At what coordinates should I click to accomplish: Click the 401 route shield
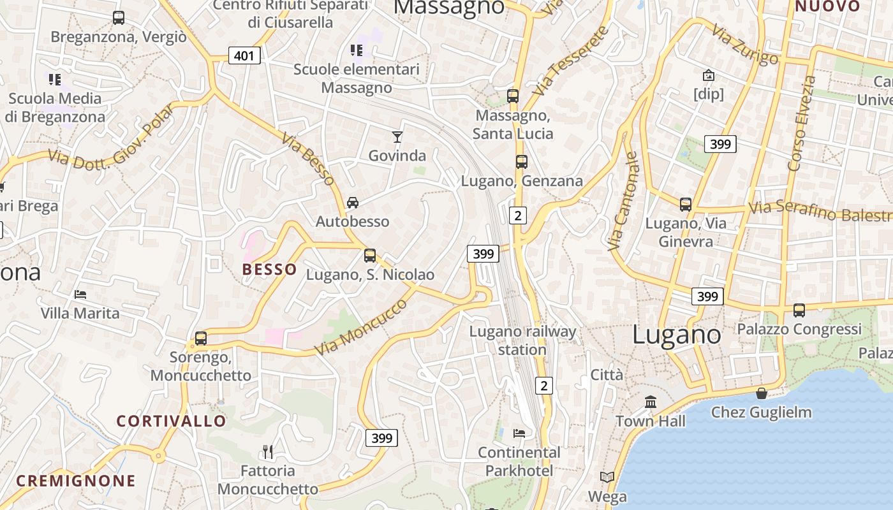[244, 56]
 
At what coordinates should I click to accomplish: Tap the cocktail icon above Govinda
[397, 136]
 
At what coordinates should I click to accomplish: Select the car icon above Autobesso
[352, 203]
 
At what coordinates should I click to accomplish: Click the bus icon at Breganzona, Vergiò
[118, 18]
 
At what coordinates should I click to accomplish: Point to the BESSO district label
[270, 269]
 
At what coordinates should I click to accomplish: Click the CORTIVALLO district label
[171, 421]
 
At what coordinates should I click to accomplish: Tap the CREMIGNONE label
[76, 481]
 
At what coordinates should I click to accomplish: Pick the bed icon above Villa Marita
[80, 295]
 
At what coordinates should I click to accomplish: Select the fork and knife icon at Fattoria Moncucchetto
[268, 452]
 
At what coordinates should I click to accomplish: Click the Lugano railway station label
[522, 340]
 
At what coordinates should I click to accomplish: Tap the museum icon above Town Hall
[651, 402]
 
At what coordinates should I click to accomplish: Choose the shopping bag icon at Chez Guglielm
[761, 393]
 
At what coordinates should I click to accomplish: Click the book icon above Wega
[607, 477]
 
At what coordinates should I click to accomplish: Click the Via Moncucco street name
[361, 327]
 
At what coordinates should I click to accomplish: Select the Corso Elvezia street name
[802, 124]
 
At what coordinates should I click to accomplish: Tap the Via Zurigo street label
[745, 45]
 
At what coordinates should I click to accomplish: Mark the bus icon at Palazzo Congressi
[799, 310]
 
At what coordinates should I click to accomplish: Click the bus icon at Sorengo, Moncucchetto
[201, 339]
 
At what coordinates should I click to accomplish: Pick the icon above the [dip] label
[708, 75]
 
